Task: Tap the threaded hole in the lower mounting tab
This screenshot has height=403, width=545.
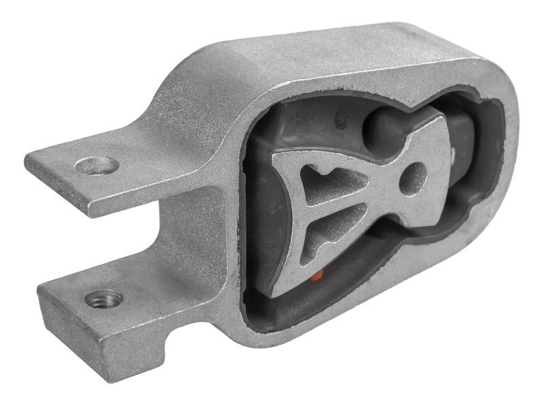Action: click(105, 298)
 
